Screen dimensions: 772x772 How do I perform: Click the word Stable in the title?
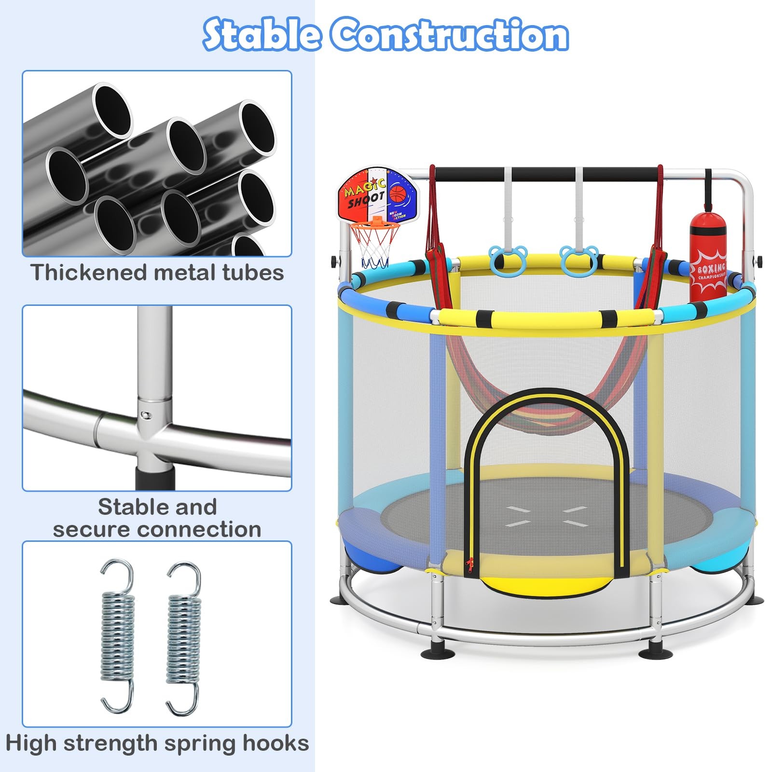coord(262,35)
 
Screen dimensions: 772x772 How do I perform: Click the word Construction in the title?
coord(449,35)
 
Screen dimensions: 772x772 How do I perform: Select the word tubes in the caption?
coord(253,273)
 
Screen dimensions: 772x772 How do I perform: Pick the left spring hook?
coord(117,636)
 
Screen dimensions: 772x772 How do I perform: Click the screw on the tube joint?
coord(144,414)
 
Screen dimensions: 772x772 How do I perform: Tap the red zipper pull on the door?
coord(467,564)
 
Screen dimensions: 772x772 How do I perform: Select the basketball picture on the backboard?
coord(399,194)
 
